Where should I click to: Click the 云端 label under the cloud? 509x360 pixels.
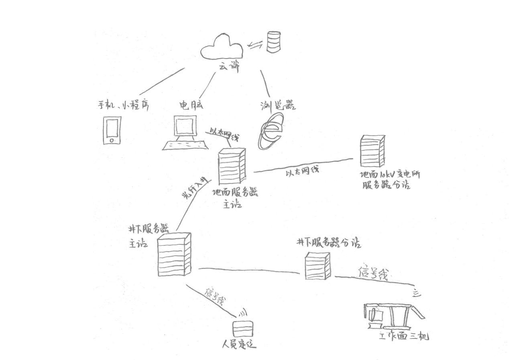(229, 67)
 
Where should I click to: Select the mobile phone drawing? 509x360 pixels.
(112, 130)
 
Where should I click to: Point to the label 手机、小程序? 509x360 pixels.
(124, 105)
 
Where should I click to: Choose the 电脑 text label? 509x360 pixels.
(191, 105)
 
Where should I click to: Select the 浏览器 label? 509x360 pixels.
(277, 106)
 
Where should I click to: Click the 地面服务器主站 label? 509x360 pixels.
(234, 197)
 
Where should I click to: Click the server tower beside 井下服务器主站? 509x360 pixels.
(174, 255)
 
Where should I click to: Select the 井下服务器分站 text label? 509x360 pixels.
(328, 242)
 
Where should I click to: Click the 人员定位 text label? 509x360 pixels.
(239, 344)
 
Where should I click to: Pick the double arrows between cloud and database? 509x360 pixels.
(254, 45)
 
